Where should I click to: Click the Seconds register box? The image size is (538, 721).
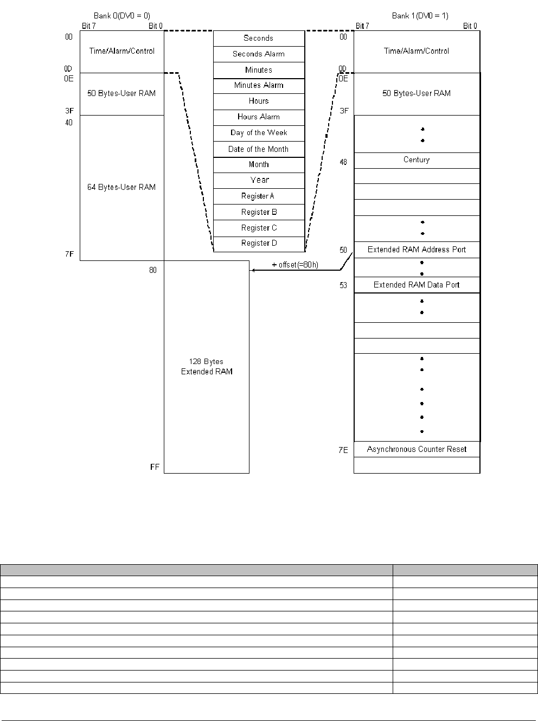pos(259,39)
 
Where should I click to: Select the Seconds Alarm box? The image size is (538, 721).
pos(259,54)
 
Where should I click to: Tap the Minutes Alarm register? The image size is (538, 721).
pos(259,86)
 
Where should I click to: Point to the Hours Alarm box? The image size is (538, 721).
pos(259,117)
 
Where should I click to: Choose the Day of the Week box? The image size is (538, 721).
pos(259,133)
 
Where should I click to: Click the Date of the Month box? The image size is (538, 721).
pos(259,149)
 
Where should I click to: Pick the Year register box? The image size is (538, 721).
pos(259,180)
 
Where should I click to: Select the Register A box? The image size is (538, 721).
pos(259,196)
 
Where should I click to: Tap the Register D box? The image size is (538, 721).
pos(259,244)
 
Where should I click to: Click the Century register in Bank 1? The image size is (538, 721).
pos(417,160)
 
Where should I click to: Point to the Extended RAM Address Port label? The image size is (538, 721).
pos(417,250)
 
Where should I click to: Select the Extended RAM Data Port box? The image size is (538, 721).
pos(417,285)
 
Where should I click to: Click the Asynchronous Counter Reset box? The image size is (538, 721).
pos(417,450)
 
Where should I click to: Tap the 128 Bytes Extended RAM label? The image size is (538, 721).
pos(207,367)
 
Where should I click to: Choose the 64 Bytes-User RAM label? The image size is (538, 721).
pos(121,188)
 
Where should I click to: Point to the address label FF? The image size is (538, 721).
pos(155,467)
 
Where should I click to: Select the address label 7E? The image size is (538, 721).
pos(343,450)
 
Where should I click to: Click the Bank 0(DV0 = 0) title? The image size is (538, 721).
pos(122,16)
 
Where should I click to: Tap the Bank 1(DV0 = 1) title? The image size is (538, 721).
pos(420,16)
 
